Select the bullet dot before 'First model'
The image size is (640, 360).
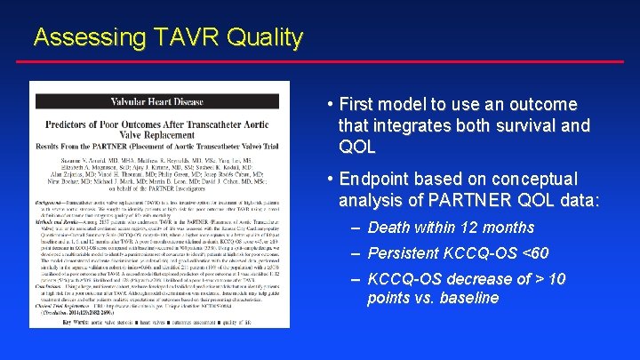pyautogui.click(x=330, y=105)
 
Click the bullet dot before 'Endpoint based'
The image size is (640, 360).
pyautogui.click(x=330, y=180)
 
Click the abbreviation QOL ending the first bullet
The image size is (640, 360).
pyautogui.click(x=357, y=146)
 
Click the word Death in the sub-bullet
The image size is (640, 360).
pyautogui.click(x=388, y=228)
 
